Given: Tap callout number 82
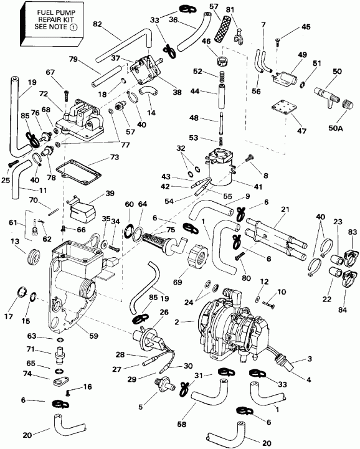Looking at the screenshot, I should pos(97,24).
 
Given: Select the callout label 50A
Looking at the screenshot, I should pos(335,128).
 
